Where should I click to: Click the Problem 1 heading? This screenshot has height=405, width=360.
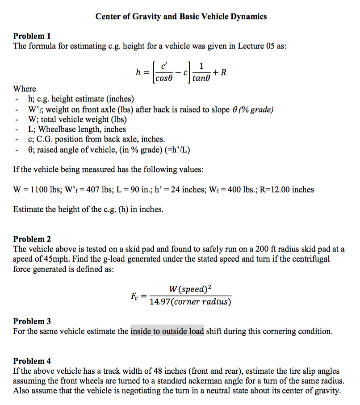(32, 36)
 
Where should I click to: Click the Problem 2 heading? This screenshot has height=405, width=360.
(32, 239)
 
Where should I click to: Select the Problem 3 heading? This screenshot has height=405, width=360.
(32, 321)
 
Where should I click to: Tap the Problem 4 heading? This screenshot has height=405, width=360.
(32, 361)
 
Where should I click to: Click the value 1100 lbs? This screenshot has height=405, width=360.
(43, 190)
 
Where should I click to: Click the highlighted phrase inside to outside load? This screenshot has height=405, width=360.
(167, 331)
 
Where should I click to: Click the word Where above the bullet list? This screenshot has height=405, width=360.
(25, 88)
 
